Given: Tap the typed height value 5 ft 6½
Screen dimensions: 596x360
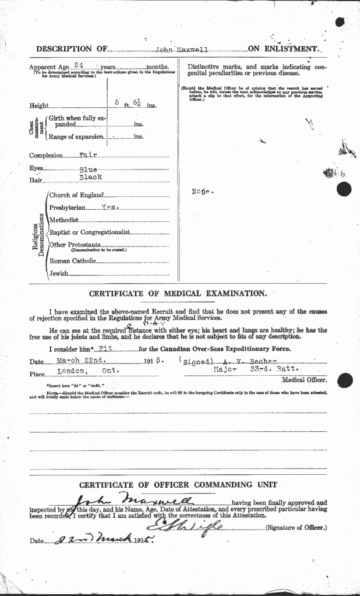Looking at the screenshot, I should pyautogui.click(x=128, y=104).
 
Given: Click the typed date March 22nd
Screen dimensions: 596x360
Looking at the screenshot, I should pyautogui.click(x=67, y=361).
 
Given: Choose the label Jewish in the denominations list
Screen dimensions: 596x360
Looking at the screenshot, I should pyautogui.click(x=59, y=273).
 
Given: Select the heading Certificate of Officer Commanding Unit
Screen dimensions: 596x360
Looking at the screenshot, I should pyautogui.click(x=178, y=485).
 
